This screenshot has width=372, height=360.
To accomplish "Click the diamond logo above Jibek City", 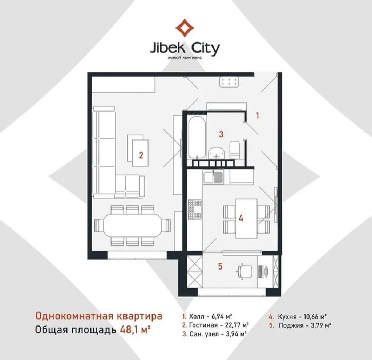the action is point(185,28).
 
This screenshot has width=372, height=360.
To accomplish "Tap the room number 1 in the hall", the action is point(258,116).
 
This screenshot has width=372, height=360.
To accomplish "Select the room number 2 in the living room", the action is point(141,155).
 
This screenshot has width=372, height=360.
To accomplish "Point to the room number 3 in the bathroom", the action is point(221,134).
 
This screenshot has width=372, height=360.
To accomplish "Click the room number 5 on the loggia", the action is point(220,266).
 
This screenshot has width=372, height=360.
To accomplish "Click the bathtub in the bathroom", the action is point(197,137).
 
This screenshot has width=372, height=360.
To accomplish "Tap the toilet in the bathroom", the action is point(235,150).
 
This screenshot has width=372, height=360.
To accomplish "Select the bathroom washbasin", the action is point(217,153).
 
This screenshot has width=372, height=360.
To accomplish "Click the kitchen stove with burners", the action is point(195,209).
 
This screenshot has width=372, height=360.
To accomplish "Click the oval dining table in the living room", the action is point(132,225).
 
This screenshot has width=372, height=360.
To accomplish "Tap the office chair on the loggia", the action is point(245,271).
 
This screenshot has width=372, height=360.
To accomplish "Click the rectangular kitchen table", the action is point(246,219).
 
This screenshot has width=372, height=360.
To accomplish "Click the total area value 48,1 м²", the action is point(135,329).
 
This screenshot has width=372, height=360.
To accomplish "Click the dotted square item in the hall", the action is point(229,82).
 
